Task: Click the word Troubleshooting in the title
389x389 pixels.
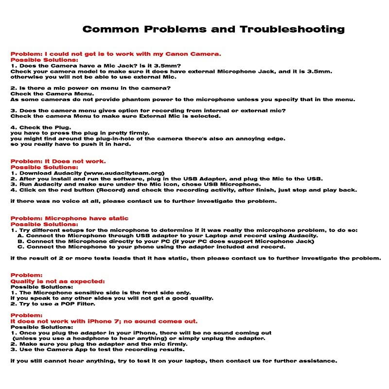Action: coord(292,29)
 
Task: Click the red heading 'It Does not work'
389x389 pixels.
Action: coord(75,161)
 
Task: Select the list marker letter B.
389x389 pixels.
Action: coord(20,241)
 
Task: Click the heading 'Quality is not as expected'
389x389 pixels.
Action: coord(57,281)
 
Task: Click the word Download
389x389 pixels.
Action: coord(36,173)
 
